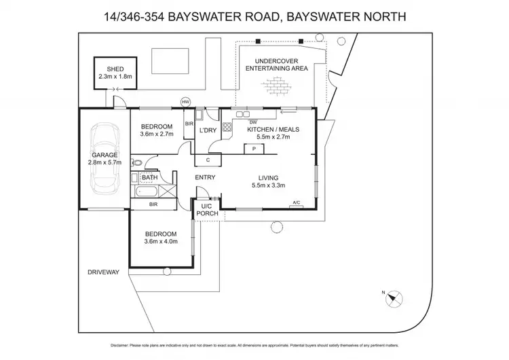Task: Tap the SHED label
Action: pos(115,69)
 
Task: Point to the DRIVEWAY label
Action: pos(104,272)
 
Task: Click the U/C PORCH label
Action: pos(207,210)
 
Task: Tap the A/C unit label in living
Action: pos(296,202)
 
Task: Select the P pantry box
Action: pos(254,149)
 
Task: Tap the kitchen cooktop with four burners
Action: pos(227,126)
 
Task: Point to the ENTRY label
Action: pos(206,178)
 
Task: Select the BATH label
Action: pos(149,178)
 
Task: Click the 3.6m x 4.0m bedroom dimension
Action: pos(160,241)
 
